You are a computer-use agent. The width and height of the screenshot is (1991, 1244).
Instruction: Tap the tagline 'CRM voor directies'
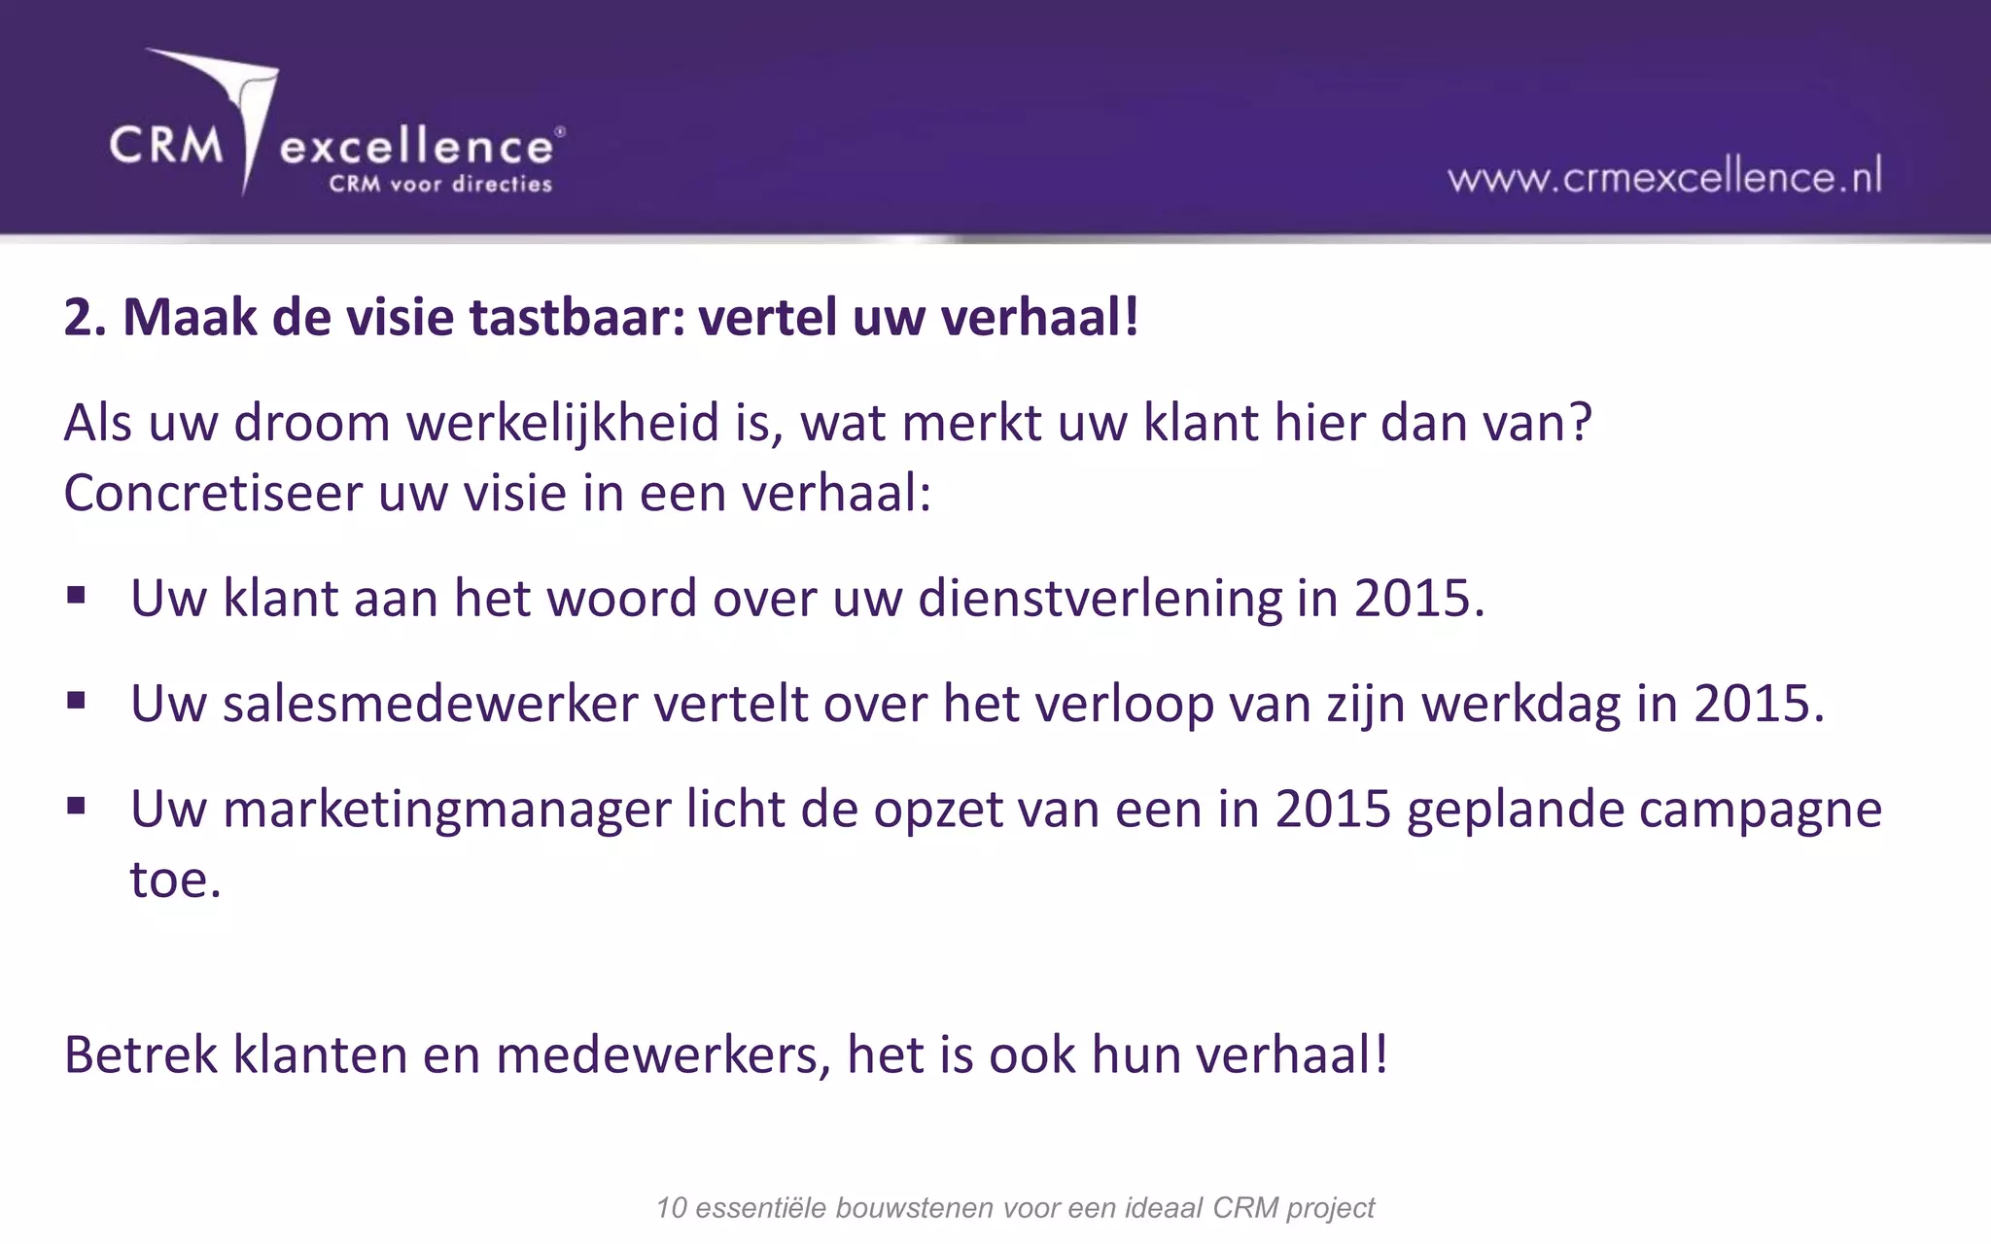point(440,184)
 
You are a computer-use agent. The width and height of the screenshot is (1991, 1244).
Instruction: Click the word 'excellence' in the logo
point(417,148)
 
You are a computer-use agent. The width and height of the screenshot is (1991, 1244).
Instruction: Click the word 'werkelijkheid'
point(563,425)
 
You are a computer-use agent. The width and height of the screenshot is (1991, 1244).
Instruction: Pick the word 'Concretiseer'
point(213,493)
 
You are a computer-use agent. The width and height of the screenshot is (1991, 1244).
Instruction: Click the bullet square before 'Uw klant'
point(77,594)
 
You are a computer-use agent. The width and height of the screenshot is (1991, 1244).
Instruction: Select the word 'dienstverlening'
point(1100,599)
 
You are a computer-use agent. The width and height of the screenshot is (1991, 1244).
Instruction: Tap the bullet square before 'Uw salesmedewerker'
point(77,700)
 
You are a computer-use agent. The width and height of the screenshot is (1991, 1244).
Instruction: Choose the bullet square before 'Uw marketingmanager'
point(77,805)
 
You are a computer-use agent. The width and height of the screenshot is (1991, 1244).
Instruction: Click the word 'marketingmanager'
point(447,811)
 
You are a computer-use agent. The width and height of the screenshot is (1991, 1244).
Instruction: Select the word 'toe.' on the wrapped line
point(176,880)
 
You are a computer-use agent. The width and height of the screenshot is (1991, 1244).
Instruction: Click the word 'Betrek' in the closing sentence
point(141,1054)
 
